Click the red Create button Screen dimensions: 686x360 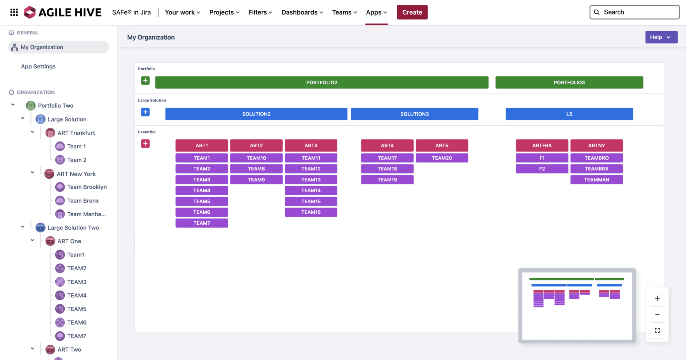(x=412, y=12)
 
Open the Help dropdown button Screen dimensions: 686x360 (x=661, y=37)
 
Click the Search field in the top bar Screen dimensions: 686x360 (x=634, y=12)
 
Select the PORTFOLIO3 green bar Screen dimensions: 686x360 (x=569, y=82)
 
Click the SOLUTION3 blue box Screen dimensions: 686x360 (x=414, y=114)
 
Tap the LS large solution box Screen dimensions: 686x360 (x=569, y=114)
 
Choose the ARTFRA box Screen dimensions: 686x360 (x=542, y=145)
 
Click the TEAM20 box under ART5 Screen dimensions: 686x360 (x=442, y=158)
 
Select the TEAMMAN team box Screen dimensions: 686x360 (x=597, y=180)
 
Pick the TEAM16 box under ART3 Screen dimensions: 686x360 (x=311, y=212)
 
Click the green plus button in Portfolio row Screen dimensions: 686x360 (x=145, y=80)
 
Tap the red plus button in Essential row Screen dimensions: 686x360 (x=145, y=144)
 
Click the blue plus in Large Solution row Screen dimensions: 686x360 (x=145, y=112)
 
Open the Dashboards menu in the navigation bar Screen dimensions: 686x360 (x=302, y=12)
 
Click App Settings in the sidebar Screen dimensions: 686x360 (x=38, y=66)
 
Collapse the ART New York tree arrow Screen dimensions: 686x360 (x=32, y=172)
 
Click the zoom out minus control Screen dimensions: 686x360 (x=657, y=314)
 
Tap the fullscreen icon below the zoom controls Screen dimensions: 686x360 (x=657, y=331)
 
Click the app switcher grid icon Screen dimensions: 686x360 (x=14, y=12)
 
